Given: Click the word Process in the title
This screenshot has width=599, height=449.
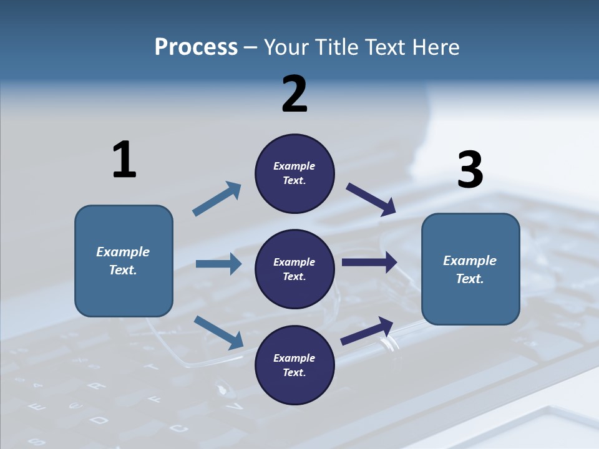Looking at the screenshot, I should point(196,47).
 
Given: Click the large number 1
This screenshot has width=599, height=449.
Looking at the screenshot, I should point(124,160).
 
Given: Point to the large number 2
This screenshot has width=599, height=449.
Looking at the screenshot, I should point(295,94).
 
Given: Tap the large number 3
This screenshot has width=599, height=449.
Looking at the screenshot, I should point(470,170).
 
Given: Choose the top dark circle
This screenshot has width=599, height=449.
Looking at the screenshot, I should point(295,173).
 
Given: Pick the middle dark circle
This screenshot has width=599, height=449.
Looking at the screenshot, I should point(295,269).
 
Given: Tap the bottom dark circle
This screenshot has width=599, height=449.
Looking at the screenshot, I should point(295,365).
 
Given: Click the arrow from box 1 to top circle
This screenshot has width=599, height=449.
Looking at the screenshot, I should point(217,199).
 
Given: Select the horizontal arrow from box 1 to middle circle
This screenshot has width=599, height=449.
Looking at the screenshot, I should point(218,264).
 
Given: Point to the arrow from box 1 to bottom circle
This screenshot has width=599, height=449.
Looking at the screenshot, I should point(218,332).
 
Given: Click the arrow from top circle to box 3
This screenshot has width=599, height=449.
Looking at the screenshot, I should point(371,200).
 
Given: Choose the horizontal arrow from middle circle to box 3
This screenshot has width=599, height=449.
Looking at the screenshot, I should point(369,263).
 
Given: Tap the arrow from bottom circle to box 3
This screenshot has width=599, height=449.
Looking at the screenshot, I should point(367,331).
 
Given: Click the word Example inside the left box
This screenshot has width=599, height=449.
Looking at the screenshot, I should point(123,252).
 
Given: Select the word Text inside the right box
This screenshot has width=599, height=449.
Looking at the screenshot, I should point(470,279).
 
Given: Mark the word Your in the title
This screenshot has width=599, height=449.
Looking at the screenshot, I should point(285,47).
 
